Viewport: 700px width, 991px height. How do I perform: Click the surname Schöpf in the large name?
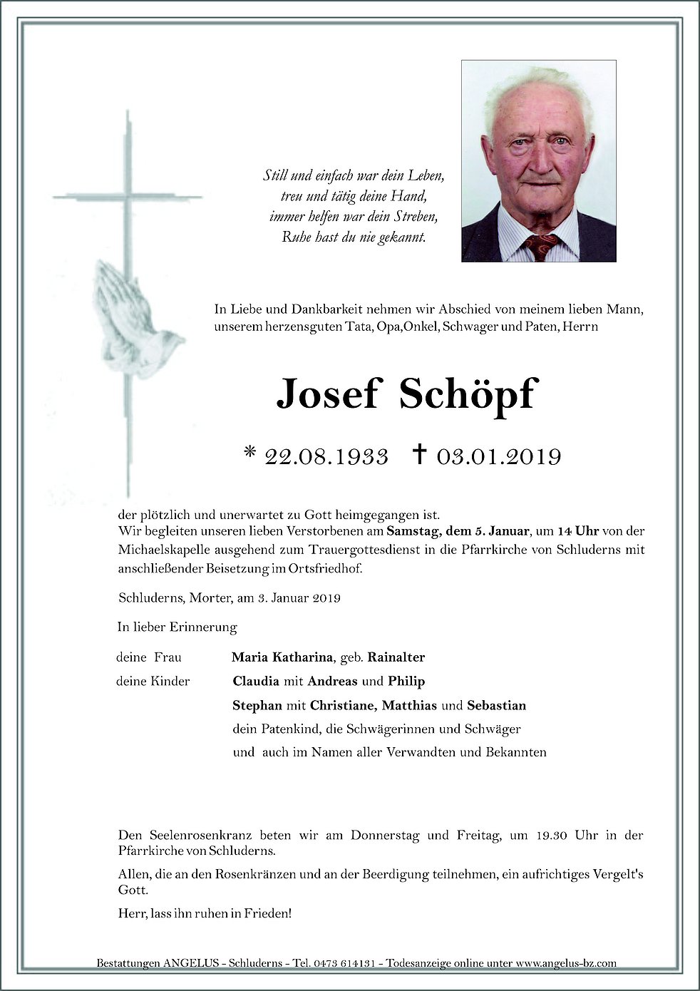467,394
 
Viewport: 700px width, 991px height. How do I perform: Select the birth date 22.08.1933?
326,456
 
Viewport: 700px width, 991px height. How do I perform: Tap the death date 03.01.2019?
499,456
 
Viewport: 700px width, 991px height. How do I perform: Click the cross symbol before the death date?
420,453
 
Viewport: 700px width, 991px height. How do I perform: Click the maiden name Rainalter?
396,657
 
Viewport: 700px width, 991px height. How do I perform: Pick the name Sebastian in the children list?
496,705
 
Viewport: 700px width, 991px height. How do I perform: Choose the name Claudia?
256,681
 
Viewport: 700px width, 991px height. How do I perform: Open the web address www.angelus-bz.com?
566,963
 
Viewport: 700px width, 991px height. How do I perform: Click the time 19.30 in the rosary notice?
551,835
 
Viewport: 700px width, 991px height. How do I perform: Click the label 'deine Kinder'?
153,681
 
